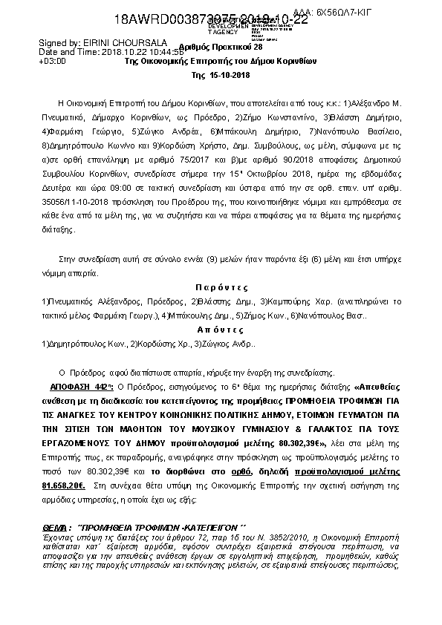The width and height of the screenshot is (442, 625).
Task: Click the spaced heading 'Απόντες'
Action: click(x=221, y=330)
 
